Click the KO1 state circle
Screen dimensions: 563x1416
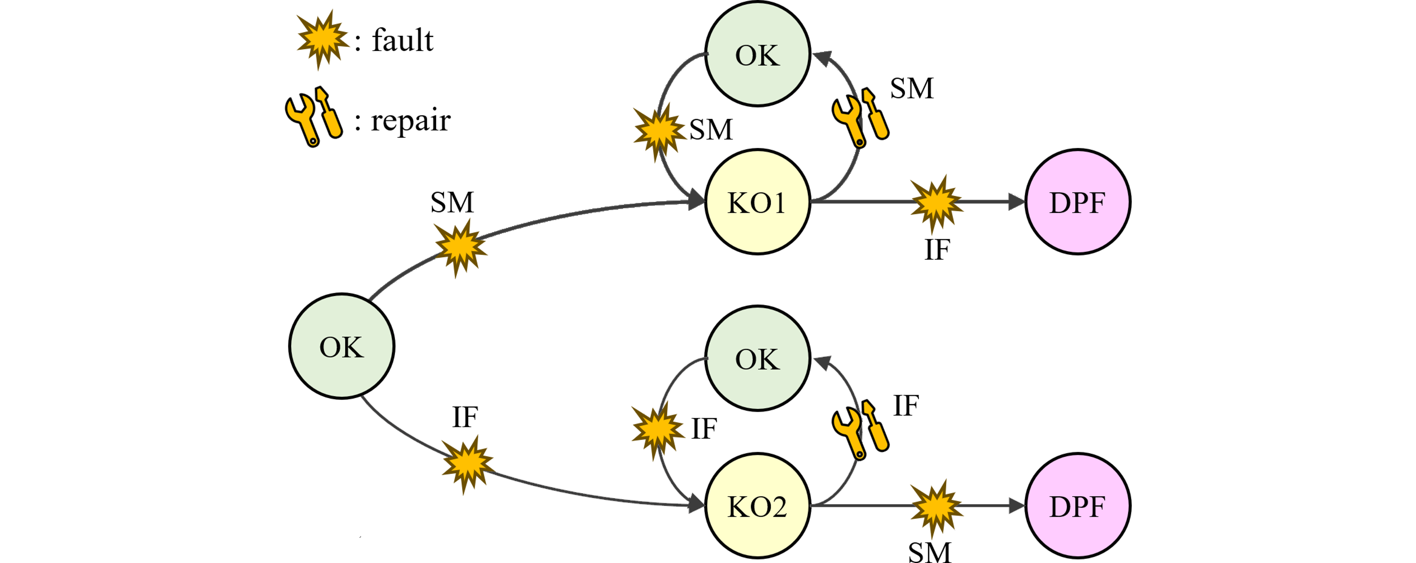(x=757, y=202)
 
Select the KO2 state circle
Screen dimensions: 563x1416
(x=757, y=506)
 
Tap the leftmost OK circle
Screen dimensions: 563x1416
(x=341, y=347)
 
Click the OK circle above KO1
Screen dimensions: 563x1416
(x=757, y=54)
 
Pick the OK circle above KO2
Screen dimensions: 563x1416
(x=757, y=359)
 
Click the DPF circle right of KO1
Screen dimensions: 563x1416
(x=1077, y=202)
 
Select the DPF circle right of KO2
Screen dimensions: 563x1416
(x=1077, y=506)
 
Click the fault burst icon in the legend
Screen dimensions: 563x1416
(x=322, y=39)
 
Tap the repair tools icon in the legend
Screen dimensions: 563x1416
(x=313, y=117)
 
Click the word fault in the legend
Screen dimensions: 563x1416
(x=402, y=40)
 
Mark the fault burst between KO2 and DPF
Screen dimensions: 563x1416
(x=936, y=507)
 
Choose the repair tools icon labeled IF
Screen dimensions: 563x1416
(x=860, y=429)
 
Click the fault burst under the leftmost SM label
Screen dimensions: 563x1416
(x=460, y=247)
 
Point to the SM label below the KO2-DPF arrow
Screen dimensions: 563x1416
(x=929, y=552)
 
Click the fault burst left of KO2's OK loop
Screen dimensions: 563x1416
(x=657, y=429)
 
